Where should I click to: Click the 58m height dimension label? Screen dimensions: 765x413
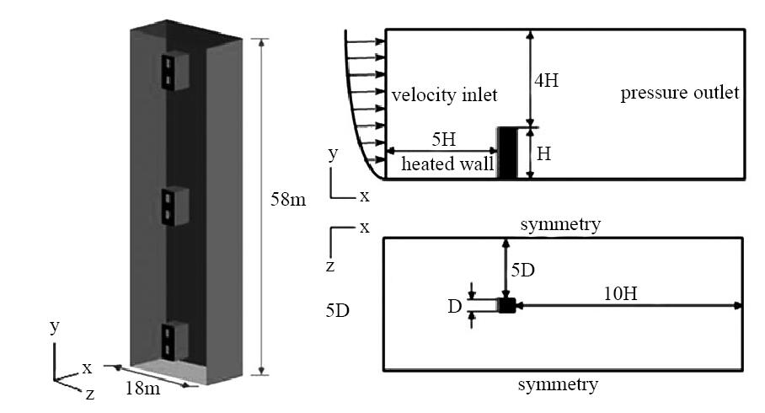(x=288, y=199)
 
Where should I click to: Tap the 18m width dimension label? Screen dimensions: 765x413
(x=142, y=388)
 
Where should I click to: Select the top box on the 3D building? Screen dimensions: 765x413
(x=175, y=71)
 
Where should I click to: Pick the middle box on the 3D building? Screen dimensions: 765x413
(x=175, y=206)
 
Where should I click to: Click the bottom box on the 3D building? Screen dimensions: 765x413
(x=175, y=341)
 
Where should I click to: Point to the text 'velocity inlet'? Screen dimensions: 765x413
(x=445, y=94)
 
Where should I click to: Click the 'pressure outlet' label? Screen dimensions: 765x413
(x=680, y=93)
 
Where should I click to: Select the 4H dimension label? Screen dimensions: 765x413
(x=547, y=80)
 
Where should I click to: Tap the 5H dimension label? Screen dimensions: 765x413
(x=443, y=140)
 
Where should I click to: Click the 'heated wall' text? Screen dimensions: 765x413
(x=447, y=164)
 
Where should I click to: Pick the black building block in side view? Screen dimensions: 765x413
(x=507, y=153)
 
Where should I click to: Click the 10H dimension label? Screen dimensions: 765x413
(x=621, y=294)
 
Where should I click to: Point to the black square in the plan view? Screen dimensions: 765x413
(x=507, y=305)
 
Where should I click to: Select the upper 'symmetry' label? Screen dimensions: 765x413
(x=560, y=225)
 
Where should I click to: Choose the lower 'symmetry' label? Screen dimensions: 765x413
(x=558, y=385)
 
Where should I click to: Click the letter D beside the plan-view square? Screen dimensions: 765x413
(x=455, y=307)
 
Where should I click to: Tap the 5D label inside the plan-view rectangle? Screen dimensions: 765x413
(x=523, y=270)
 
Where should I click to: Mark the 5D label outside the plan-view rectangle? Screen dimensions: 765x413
(x=338, y=310)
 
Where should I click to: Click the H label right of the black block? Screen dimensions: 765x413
(x=544, y=154)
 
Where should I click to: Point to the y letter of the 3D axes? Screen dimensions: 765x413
(x=55, y=326)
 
